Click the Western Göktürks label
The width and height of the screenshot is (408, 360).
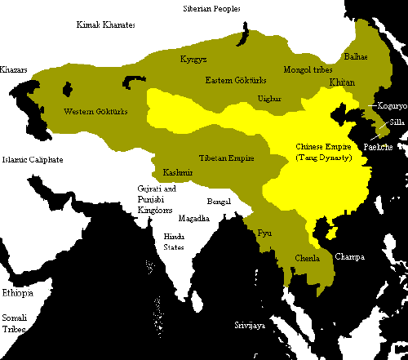coord(92,110)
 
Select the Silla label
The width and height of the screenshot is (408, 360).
coord(397,122)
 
